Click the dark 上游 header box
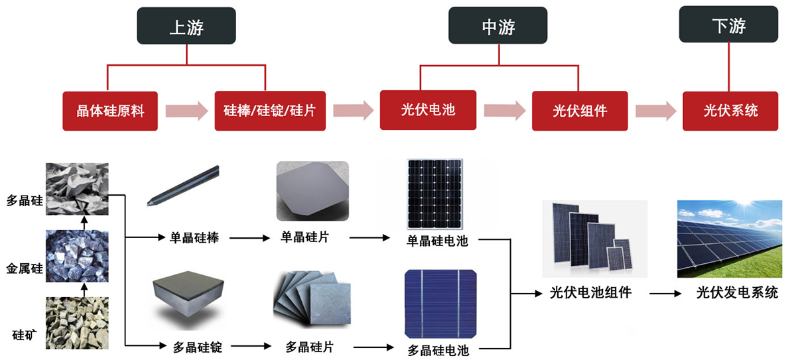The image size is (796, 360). pos(186,27)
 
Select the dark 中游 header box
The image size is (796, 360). pos(498,27)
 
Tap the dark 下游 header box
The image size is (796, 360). pos(728,26)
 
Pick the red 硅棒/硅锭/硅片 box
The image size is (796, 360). pos(270,111)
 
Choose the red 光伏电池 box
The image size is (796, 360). pos(429,110)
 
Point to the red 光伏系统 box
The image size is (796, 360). pos(730,111)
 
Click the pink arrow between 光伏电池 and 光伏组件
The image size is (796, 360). pos(504,111)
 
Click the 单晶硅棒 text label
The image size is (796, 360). pos(190,237)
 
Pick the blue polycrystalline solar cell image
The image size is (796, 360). pos(440,304)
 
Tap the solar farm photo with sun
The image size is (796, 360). pos(726,239)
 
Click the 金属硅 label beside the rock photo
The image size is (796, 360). pos(25,269)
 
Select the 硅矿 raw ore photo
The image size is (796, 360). pos(76,322)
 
